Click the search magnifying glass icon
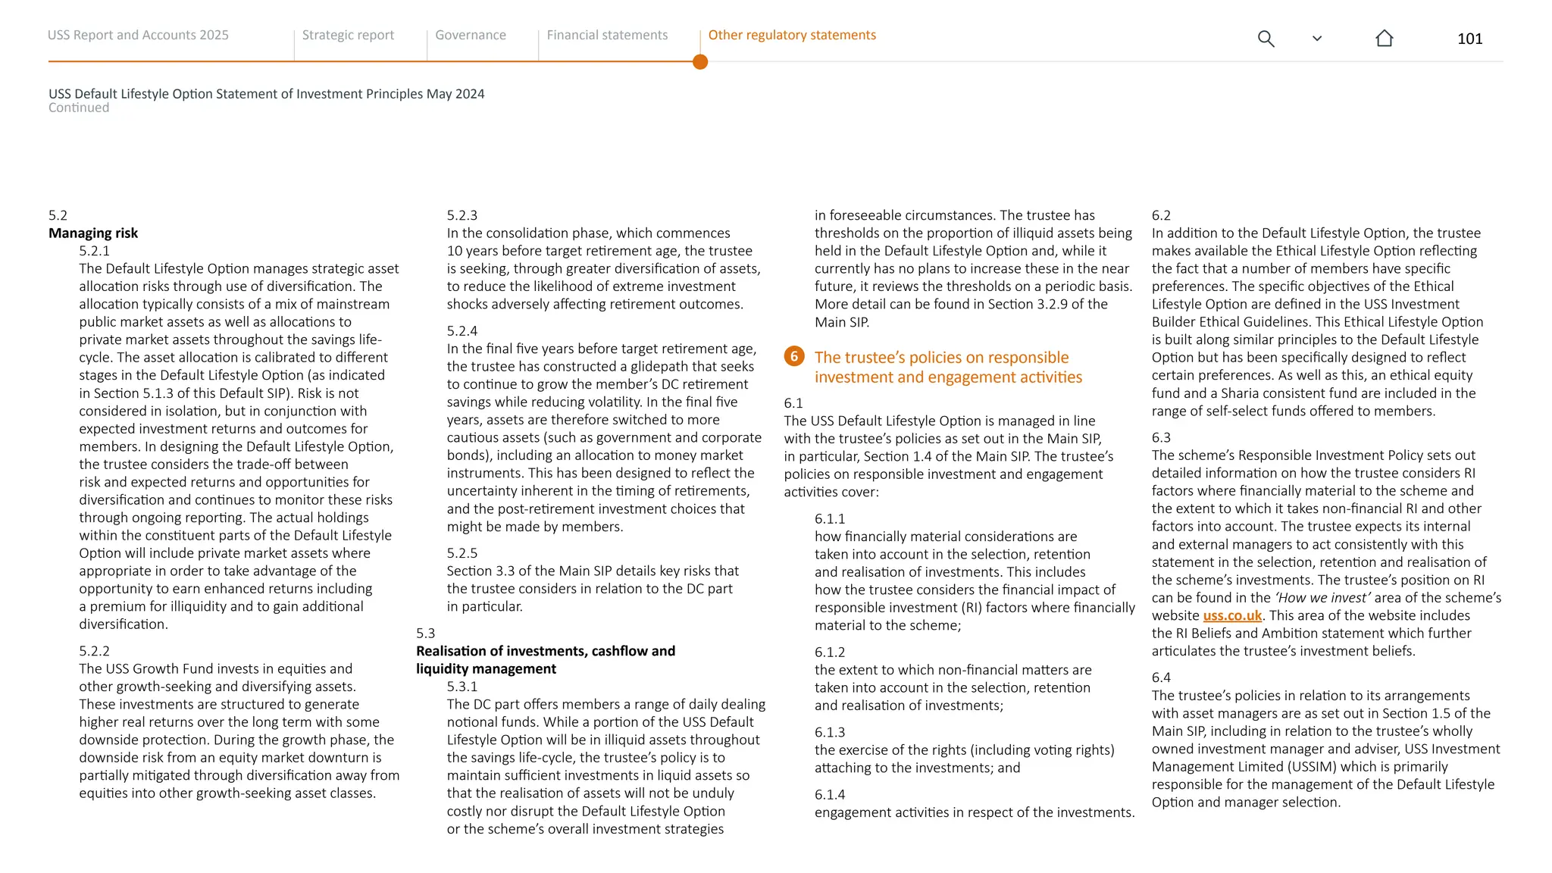pyautogui.click(x=1266, y=39)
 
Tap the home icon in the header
pyautogui.click(x=1384, y=39)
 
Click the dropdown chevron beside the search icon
pyautogui.click(x=1317, y=39)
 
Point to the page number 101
pyautogui.click(x=1469, y=39)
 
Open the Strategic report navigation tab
pyautogui.click(x=348, y=35)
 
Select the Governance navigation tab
pyautogui.click(x=470, y=35)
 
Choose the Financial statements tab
pyautogui.click(x=607, y=35)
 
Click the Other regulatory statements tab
pyautogui.click(x=792, y=35)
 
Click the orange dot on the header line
pyautogui.click(x=700, y=62)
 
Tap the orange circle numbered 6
pyautogui.click(x=794, y=356)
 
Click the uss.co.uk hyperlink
pyautogui.click(x=1232, y=615)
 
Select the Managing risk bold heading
pyautogui.click(x=93, y=233)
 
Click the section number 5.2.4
pyautogui.click(x=462, y=331)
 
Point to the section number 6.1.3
pyautogui.click(x=829, y=732)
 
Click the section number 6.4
pyautogui.click(x=1161, y=677)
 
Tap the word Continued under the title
pyautogui.click(x=79, y=108)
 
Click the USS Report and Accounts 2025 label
pyautogui.click(x=138, y=35)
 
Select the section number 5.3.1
pyautogui.click(x=462, y=687)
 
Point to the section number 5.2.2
pyautogui.click(x=94, y=651)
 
